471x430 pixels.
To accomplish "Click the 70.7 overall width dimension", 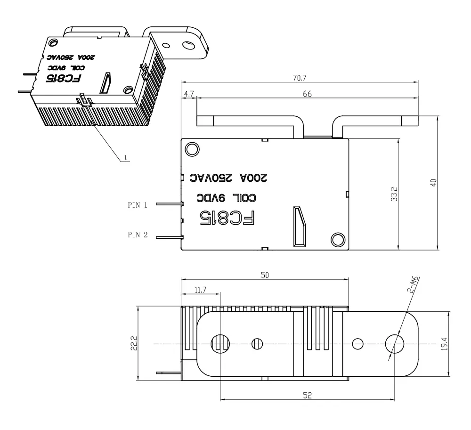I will (x=300, y=78).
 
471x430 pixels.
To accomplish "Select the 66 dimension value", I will (x=307, y=94).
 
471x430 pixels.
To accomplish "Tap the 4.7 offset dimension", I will (x=189, y=94).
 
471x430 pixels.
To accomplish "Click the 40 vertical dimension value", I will (x=434, y=182).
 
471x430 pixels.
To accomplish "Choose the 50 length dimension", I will (x=265, y=276).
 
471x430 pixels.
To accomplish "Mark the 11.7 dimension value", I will (x=200, y=291).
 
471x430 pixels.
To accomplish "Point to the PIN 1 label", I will (x=138, y=205).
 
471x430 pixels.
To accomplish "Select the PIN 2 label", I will (x=138, y=234).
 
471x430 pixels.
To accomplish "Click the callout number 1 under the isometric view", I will (x=125, y=157).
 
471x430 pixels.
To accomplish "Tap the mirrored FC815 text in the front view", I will (x=228, y=218).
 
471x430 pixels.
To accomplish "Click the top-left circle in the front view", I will (x=192, y=149).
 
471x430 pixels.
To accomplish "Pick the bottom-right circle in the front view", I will (x=338, y=239).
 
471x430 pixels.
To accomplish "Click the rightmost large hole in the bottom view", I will (x=393, y=343).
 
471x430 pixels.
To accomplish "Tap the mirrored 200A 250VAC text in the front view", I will (x=228, y=178).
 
